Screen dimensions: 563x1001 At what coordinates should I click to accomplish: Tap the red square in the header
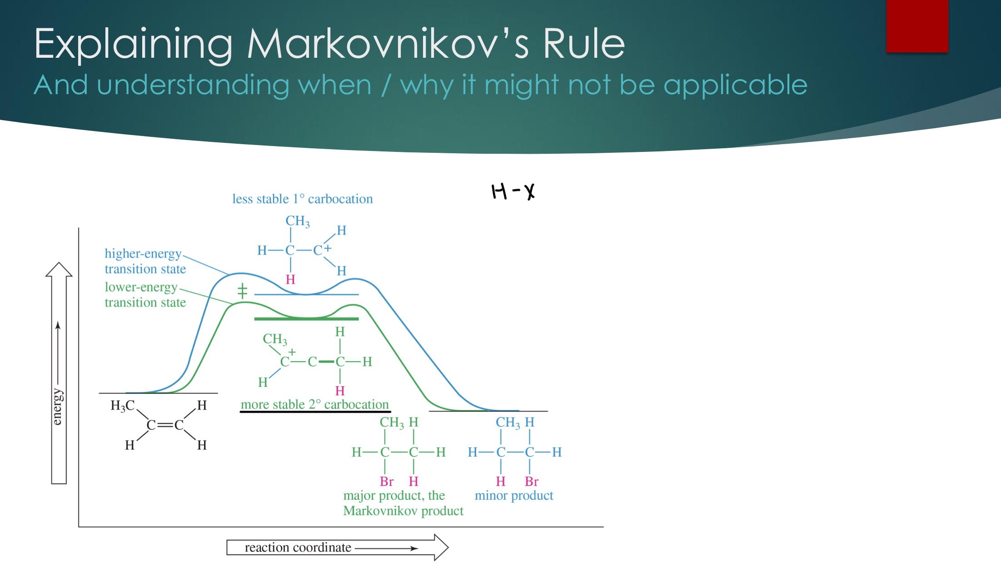917,26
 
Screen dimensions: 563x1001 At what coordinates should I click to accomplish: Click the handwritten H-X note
513,191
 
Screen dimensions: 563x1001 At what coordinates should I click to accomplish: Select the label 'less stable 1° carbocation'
302,199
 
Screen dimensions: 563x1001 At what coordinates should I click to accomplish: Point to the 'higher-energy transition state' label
145,261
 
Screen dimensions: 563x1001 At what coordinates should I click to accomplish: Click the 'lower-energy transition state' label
145,295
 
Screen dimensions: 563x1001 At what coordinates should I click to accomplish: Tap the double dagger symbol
242,291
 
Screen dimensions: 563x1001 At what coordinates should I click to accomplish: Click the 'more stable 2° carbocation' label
314,404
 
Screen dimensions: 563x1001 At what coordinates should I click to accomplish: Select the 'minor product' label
513,495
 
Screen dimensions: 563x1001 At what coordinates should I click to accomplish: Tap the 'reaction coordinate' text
298,548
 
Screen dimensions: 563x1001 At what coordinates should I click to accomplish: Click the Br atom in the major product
386,481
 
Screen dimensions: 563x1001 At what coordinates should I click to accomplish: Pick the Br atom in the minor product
531,481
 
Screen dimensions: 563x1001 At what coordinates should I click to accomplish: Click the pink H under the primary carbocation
290,279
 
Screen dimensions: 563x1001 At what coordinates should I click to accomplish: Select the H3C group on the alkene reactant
122,405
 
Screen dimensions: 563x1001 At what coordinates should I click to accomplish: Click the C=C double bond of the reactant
165,425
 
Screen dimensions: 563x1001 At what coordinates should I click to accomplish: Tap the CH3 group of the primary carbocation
297,221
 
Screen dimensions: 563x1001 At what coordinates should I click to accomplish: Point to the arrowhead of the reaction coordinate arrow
441,548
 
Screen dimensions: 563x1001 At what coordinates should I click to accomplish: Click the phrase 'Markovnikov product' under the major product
403,511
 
